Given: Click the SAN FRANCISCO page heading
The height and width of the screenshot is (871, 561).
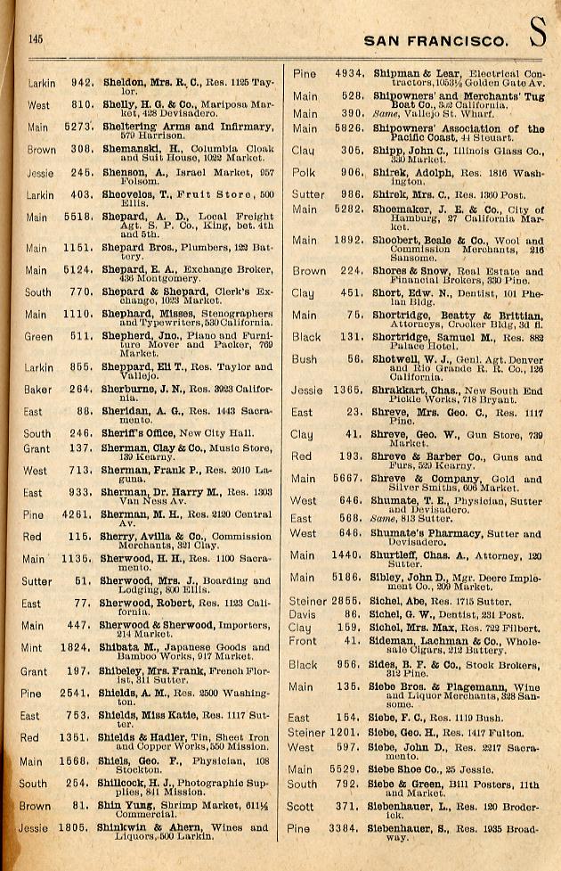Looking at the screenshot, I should click(x=436, y=40).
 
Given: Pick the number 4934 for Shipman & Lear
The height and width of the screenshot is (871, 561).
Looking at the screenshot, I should click(x=346, y=73).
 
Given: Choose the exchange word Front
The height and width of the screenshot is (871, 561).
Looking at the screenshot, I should click(x=304, y=640).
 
